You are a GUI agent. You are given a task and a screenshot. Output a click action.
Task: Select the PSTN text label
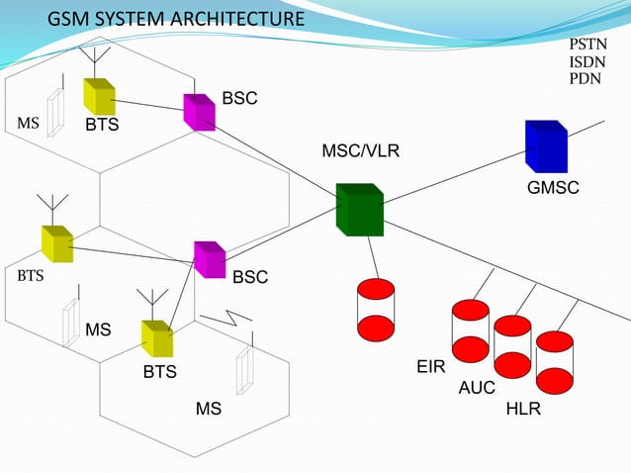click(x=587, y=46)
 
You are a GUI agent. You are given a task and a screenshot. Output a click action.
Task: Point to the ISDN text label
click(x=586, y=62)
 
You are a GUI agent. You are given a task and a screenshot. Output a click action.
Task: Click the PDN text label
click(x=585, y=78)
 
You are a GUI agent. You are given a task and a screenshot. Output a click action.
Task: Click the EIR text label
click(x=430, y=367)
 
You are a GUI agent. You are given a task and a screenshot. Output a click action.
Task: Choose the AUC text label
click(x=477, y=388)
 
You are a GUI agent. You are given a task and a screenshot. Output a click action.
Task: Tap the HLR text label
click(x=523, y=408)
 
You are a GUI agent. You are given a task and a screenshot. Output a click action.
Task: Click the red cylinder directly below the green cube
click(x=376, y=311)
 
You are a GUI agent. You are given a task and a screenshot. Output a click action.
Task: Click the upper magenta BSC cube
click(x=199, y=112)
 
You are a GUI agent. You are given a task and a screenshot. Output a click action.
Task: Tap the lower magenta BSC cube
click(x=210, y=259)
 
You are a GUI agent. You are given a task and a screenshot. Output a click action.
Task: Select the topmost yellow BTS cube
click(x=99, y=96)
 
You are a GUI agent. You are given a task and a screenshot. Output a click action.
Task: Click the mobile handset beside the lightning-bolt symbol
click(x=244, y=368)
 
